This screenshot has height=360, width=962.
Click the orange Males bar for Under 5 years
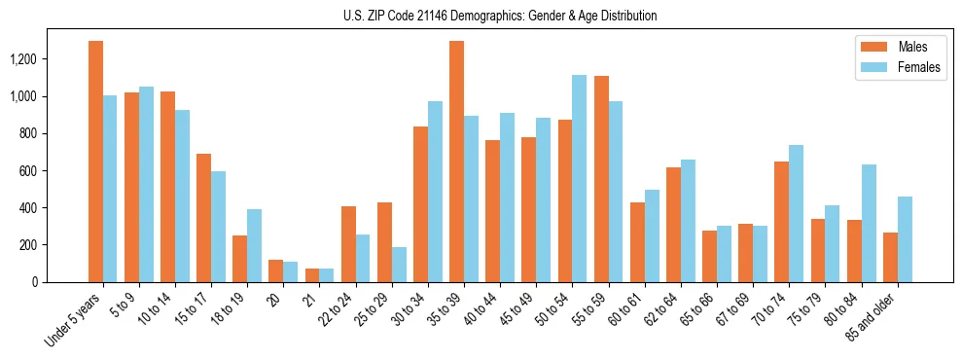[x=95, y=162]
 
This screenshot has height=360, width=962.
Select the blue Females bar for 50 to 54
[x=579, y=178]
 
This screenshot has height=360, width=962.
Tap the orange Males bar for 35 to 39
[x=456, y=162]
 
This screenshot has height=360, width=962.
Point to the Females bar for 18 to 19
[x=254, y=245]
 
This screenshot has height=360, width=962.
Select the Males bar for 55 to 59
[x=601, y=179]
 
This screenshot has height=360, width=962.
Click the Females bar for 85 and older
[x=905, y=239]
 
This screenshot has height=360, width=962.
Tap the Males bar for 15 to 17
[x=203, y=218]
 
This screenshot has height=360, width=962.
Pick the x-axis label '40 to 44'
[x=483, y=309]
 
